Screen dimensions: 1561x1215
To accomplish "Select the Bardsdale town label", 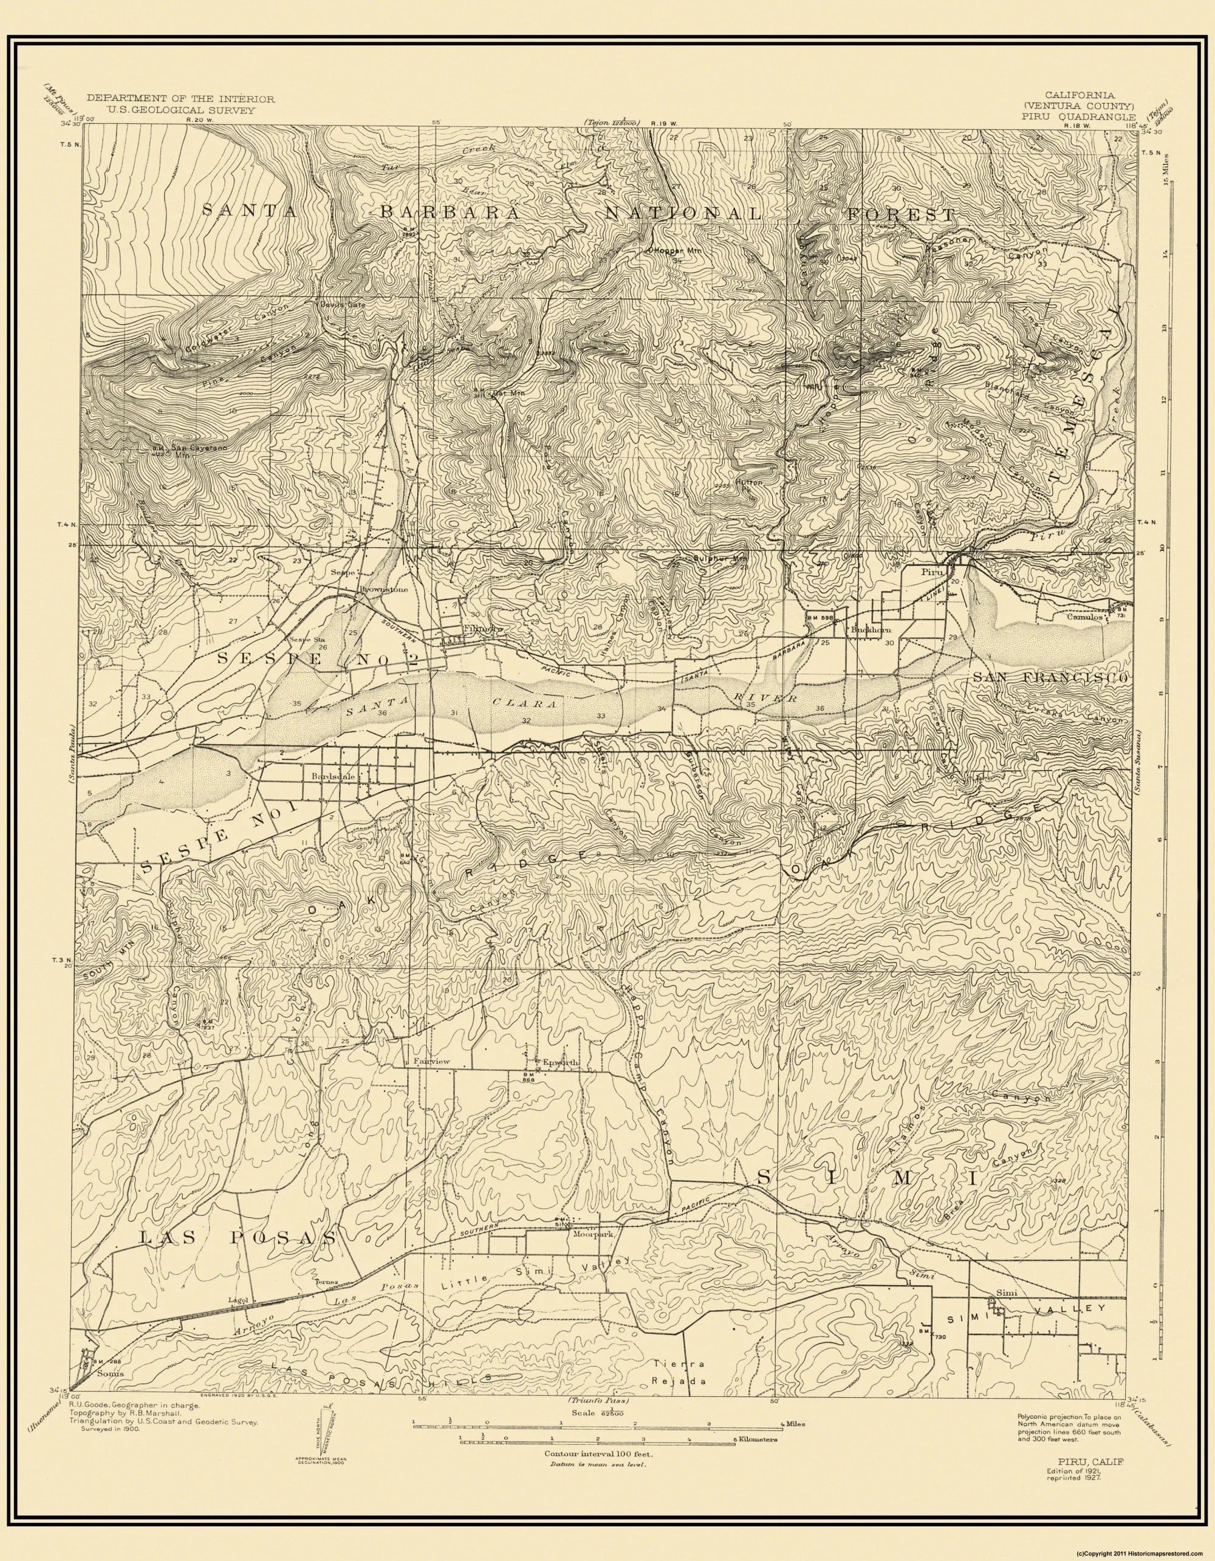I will pos(329,776).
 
